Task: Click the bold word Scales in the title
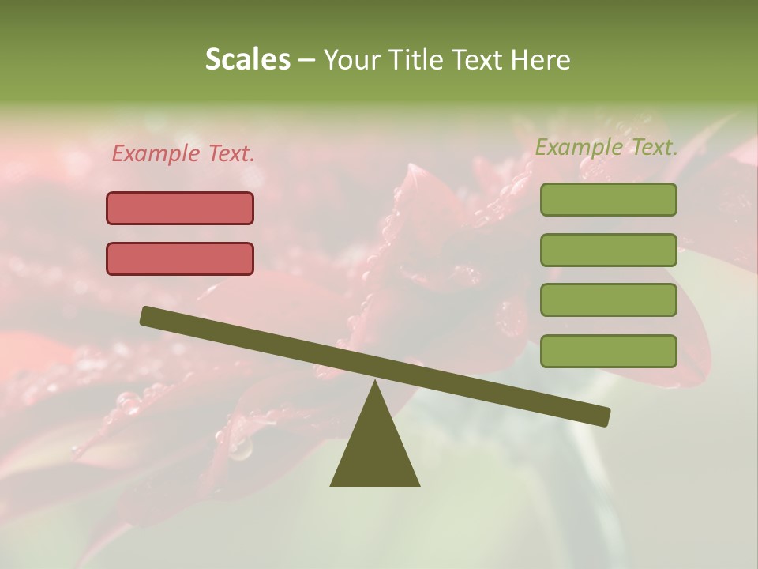pyautogui.click(x=247, y=60)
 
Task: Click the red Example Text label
pyautogui.click(x=183, y=154)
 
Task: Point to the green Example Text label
pyautogui.click(x=606, y=147)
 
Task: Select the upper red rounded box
pyautogui.click(x=180, y=208)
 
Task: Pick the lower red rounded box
pyautogui.click(x=180, y=258)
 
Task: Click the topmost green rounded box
pyautogui.click(x=608, y=199)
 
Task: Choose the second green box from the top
pyautogui.click(x=608, y=250)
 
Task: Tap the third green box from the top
pyautogui.click(x=608, y=300)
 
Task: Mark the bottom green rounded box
pyautogui.click(x=608, y=351)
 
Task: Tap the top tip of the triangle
pyautogui.click(x=375, y=382)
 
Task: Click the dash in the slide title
pyautogui.click(x=307, y=60)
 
